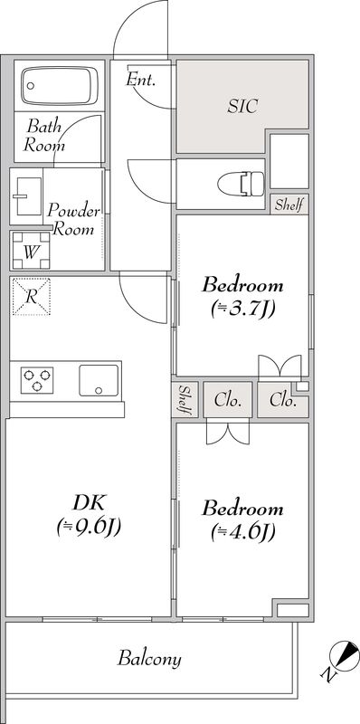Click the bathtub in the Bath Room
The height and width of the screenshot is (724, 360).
pos(60,85)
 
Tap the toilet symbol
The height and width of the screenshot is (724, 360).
pos(241,184)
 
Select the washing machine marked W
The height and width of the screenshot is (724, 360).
pos(31,251)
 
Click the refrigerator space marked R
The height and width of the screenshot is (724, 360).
pos(31,297)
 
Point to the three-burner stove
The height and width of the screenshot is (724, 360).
pos(37,380)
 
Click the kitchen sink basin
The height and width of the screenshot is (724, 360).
pos(99,380)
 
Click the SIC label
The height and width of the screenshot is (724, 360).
pos(242,107)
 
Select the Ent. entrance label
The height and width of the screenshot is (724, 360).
pos(140,80)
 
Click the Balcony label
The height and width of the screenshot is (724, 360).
pos(149,658)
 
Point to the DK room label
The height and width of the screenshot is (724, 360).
pos(90,502)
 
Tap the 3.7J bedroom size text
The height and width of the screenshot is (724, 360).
pos(242,309)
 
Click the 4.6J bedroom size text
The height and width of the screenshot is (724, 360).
pos(242,532)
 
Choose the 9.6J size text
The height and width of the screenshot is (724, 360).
pos(89,527)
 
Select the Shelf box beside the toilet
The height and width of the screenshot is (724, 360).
pos(289,205)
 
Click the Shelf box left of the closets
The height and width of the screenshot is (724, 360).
pos(185,400)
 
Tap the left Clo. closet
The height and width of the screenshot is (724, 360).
pos(228,400)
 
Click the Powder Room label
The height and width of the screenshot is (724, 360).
pos(73,220)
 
